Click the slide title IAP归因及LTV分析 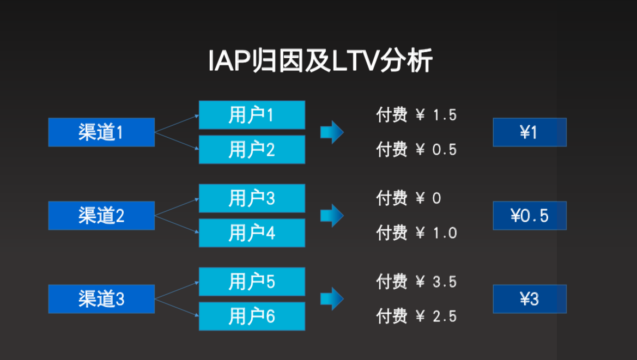[320, 61]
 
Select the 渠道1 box [101, 132]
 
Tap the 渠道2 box [101, 216]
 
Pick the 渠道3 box [101, 299]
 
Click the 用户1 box [252, 115]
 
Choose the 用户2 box [252, 149]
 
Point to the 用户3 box [252, 198]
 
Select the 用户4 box [252, 233]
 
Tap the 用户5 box [252, 282]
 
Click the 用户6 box [252, 316]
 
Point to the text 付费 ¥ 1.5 [416, 115]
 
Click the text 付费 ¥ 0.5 [416, 149]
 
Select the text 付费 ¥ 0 [408, 198]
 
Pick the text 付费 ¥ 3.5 [416, 282]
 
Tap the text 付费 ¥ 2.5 [416, 316]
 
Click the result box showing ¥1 [530, 132]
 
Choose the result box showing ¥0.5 [530, 216]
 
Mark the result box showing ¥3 [530, 299]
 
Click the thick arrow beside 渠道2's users [332, 216]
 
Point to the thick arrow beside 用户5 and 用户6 [332, 299]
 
